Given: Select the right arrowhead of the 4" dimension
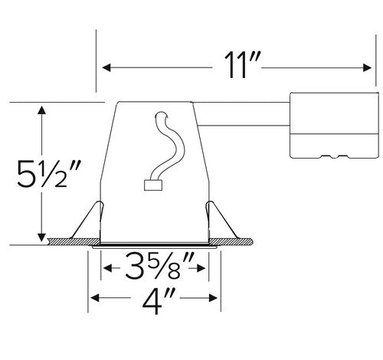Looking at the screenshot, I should pos(214,298).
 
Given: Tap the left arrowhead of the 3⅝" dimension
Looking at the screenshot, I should pos(106,270).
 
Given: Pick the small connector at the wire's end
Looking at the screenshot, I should pos(151,183).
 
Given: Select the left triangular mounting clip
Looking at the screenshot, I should pos(90,219).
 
